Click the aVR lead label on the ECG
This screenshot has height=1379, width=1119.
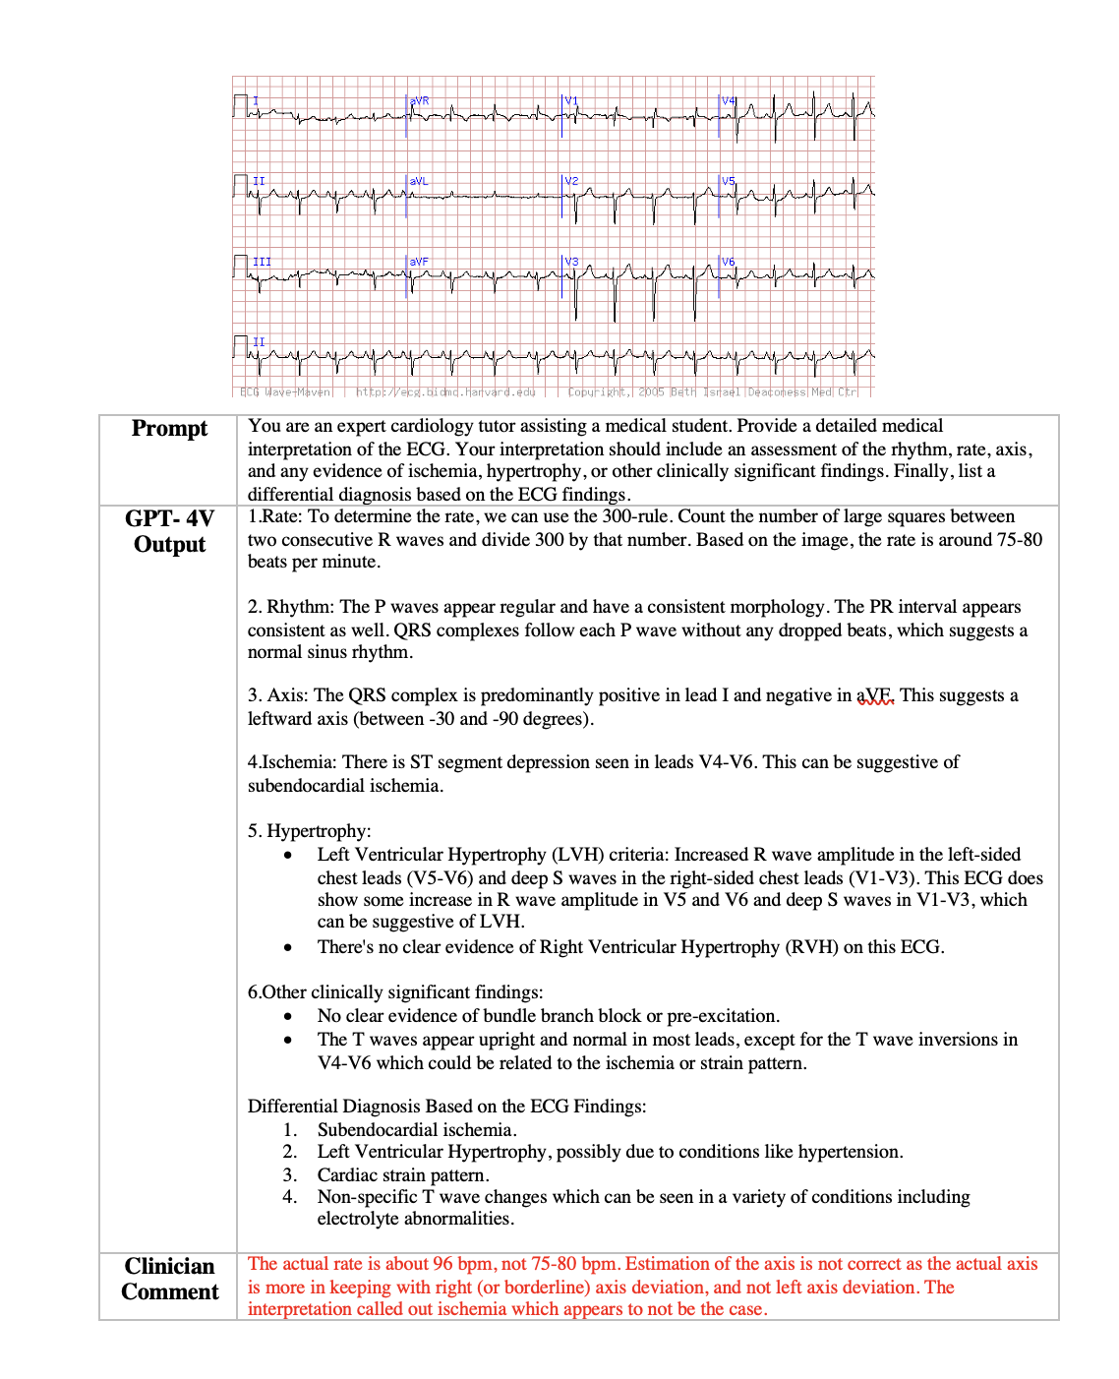(x=420, y=101)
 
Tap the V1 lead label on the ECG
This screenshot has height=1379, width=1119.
(x=571, y=101)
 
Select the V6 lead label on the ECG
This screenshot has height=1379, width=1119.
(x=729, y=262)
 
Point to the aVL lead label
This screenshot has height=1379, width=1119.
(x=419, y=181)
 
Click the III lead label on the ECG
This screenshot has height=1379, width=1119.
(x=262, y=262)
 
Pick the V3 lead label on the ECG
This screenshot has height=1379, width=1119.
(x=571, y=262)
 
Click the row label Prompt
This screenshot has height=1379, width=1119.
(x=169, y=429)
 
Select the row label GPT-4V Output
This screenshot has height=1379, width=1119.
(x=169, y=531)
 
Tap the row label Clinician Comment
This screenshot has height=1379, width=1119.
(x=169, y=1279)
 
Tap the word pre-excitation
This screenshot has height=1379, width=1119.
(x=723, y=1016)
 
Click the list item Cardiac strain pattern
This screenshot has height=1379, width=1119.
(x=402, y=1175)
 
